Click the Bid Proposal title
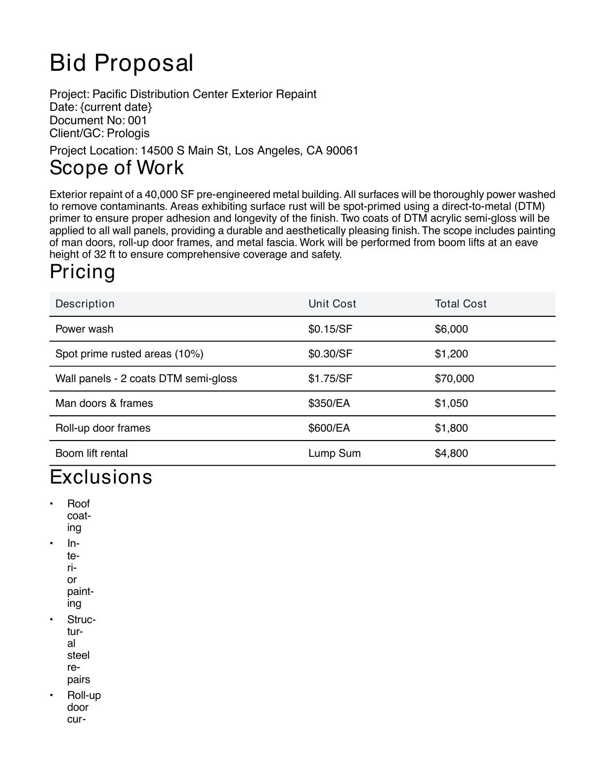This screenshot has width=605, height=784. point(122,63)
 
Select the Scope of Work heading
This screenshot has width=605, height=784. point(117,168)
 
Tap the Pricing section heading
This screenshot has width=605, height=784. point(83,272)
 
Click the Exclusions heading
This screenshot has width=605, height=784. point(101,477)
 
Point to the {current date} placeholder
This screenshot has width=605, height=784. point(116,107)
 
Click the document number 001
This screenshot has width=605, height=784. point(137,120)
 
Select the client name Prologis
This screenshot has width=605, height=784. point(128,133)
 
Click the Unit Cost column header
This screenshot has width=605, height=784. point(332,304)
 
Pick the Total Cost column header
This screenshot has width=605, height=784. point(461,304)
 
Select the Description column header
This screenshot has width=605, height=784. point(85,304)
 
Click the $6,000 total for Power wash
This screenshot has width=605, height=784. point(451,329)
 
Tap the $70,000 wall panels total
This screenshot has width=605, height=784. point(454,379)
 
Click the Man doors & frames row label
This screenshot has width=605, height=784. point(104,403)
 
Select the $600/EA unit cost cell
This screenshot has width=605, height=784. point(329,428)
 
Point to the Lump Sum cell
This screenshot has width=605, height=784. point(335,453)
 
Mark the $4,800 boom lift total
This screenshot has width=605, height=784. point(451,453)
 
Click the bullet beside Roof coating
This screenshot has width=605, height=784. point(51,504)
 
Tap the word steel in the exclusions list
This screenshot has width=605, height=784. point(78,655)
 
